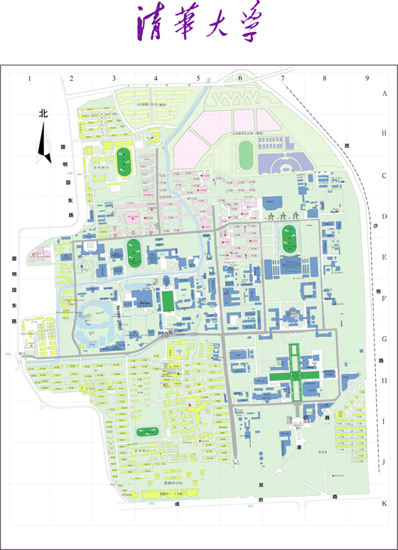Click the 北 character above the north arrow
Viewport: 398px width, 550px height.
coord(43,113)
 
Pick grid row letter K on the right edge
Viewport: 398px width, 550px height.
coord(384,503)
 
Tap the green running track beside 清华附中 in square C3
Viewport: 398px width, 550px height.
coord(124,161)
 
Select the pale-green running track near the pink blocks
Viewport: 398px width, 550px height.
coord(246,154)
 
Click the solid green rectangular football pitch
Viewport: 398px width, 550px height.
coord(167,301)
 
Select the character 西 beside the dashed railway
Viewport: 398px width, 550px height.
coord(347,146)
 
